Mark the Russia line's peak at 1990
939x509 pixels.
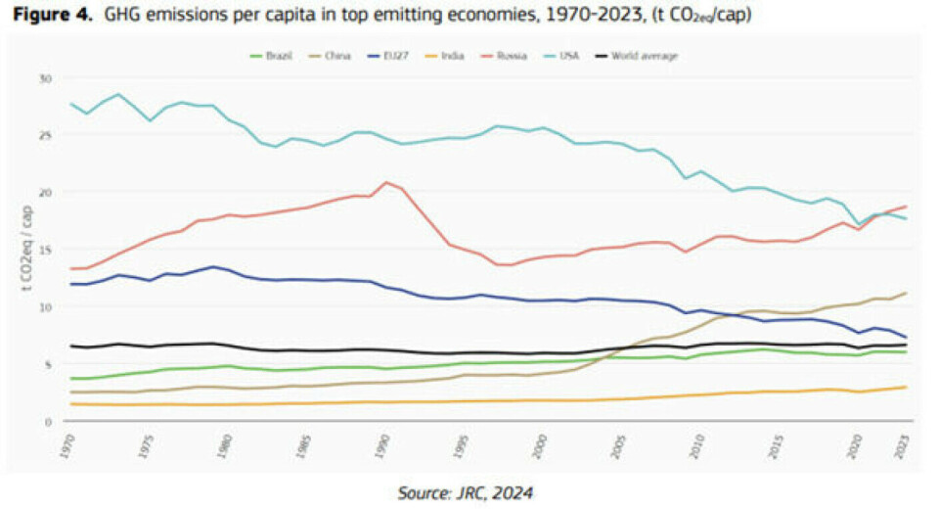(x=387, y=182)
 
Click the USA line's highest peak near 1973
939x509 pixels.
(x=118, y=94)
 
